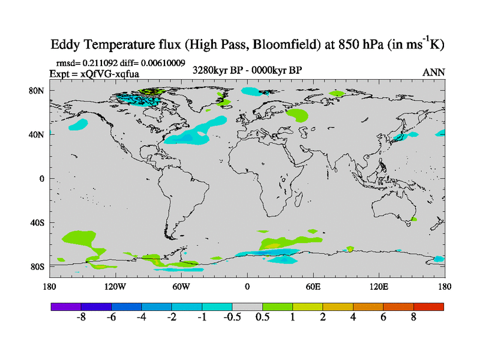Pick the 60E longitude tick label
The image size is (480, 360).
point(313,286)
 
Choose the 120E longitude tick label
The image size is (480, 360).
point(379,286)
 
